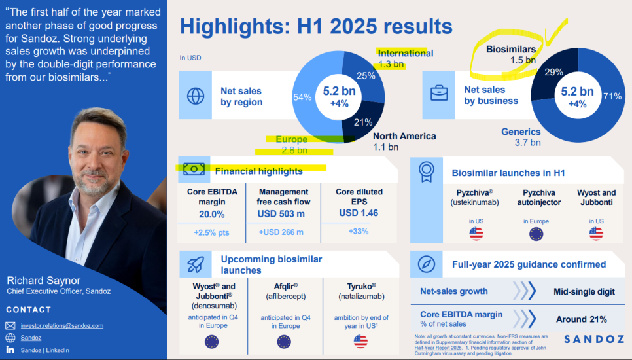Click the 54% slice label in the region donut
click(302, 97)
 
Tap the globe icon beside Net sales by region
click(196, 96)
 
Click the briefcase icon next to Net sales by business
click(439, 93)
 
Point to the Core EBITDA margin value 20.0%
click(211, 214)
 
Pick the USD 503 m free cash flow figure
click(281, 213)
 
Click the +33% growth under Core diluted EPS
click(359, 232)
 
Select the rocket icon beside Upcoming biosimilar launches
click(196, 264)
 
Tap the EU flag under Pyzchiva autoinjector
click(536, 234)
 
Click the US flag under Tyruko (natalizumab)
click(360, 341)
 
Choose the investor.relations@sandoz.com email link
click(62, 326)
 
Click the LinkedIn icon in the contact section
click(10, 350)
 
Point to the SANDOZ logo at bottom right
click(594, 340)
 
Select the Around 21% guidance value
click(581, 319)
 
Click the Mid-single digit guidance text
click(584, 292)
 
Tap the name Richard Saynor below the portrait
click(44, 281)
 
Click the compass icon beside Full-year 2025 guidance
click(426, 264)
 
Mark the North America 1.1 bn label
click(404, 142)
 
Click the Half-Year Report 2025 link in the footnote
click(438, 348)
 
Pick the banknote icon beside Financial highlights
click(194, 170)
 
